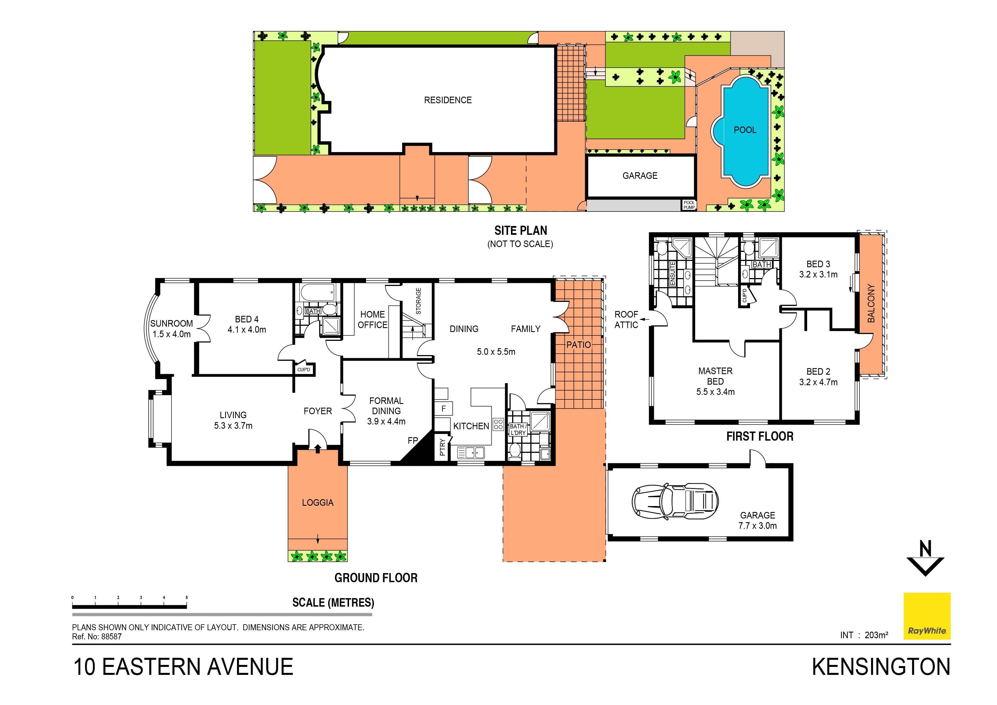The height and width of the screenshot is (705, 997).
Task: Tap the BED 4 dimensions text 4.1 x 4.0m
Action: [x=247, y=330]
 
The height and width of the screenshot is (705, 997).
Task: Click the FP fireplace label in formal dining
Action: [x=412, y=440]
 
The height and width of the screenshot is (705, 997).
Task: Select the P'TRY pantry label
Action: [x=442, y=447]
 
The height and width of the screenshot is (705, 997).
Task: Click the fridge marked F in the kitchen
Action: [x=443, y=409]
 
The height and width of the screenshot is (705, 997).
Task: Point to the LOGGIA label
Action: [x=317, y=503]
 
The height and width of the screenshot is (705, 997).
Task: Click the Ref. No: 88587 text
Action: [x=97, y=636]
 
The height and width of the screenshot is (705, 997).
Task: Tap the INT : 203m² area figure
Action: [x=864, y=635]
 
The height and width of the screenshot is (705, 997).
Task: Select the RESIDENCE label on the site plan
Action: [x=448, y=100]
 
